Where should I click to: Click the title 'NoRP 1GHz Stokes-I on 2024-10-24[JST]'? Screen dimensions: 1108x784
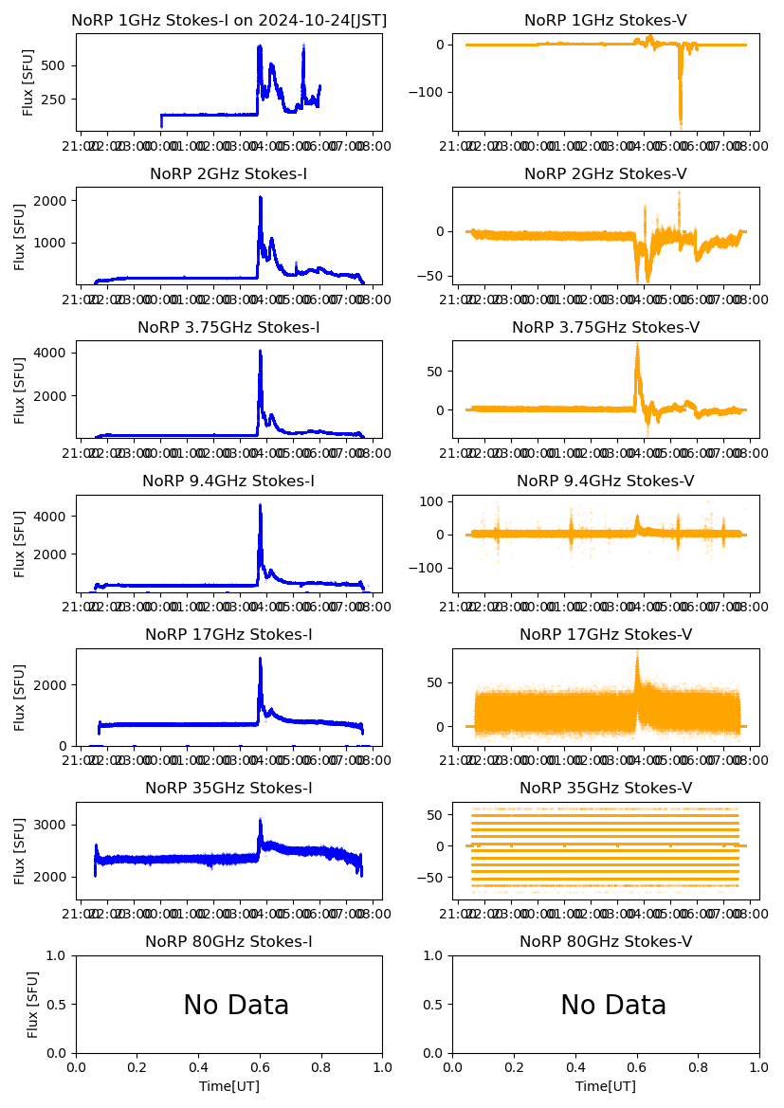(x=228, y=20)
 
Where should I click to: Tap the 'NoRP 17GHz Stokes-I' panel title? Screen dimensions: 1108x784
(x=228, y=634)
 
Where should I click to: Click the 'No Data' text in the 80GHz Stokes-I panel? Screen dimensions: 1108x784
(x=236, y=1005)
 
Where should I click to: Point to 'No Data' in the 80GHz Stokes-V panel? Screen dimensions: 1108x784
(x=613, y=1005)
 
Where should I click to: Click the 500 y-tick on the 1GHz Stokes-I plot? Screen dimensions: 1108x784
(x=54, y=65)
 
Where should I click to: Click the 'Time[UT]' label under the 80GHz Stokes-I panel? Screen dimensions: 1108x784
(x=228, y=1086)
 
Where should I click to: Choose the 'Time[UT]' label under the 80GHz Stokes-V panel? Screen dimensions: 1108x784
(x=605, y=1086)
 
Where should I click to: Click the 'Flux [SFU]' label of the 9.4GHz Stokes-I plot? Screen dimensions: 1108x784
(x=20, y=543)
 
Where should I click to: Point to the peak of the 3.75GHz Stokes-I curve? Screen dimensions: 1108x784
(x=260, y=352)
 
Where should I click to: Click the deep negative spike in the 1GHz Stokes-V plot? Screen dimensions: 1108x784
(x=680, y=123)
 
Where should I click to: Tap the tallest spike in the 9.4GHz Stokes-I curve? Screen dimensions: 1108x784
(x=260, y=505)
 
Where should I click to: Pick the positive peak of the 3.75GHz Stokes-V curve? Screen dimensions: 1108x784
(x=637, y=345)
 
